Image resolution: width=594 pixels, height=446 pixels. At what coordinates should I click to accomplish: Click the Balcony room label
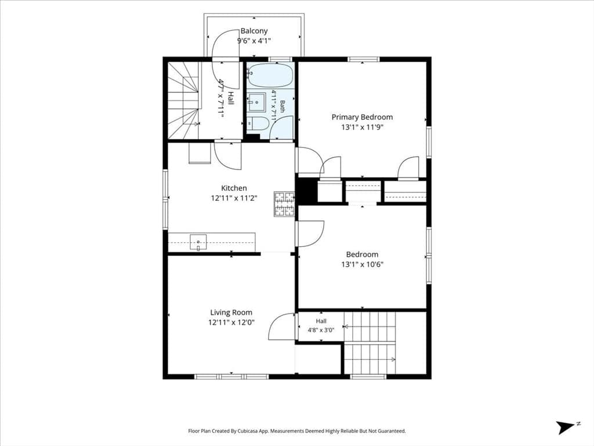coord(254,31)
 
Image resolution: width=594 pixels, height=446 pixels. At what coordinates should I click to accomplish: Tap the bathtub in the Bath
coord(270,75)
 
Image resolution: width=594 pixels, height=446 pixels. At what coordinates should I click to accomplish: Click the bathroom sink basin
coord(257,102)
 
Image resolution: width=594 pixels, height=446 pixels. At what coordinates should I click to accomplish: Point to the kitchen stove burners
coord(284,204)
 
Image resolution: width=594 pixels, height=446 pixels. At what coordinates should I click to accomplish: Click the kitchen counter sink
coord(198,242)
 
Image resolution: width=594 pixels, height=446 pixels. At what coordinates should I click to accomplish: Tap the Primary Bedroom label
coord(362,117)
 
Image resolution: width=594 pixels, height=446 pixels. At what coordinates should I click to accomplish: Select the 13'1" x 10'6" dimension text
coord(362,264)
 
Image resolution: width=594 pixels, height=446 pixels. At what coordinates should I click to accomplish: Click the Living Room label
coord(231,312)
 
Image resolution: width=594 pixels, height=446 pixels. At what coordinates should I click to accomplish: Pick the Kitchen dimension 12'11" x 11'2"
coord(234,198)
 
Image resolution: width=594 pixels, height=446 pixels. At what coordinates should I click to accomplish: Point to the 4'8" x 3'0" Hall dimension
coord(321,330)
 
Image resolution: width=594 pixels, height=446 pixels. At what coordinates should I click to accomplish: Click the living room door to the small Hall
coord(282,326)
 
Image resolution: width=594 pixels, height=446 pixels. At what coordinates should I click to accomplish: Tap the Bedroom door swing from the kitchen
coord(310,233)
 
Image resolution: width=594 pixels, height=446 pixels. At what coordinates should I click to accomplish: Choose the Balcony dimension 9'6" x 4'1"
coord(254,41)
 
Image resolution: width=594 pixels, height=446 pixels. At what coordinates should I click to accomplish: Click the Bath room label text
coord(282,106)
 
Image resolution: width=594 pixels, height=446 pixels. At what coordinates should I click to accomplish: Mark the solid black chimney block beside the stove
coord(306,190)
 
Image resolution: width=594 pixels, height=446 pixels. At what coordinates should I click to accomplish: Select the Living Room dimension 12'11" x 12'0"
coord(231,322)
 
